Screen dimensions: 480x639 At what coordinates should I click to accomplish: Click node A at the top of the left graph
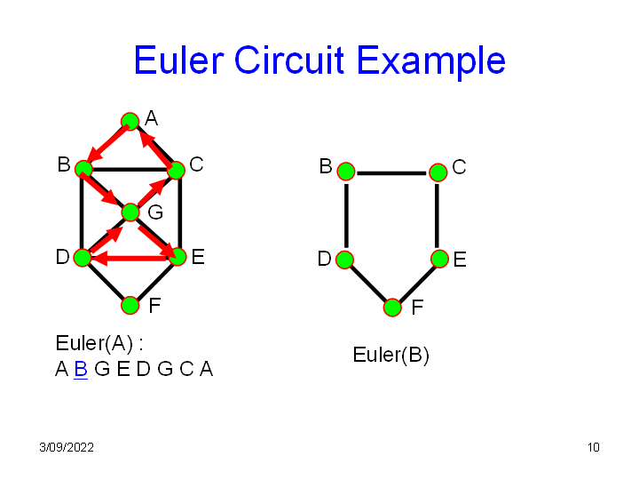click(x=130, y=121)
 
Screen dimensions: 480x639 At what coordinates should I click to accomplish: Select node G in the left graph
click(x=130, y=212)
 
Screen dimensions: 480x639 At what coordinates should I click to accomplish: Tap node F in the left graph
click(x=130, y=305)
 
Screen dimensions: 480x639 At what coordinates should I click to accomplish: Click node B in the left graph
click(x=83, y=168)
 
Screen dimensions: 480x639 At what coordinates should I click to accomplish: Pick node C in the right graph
click(x=438, y=172)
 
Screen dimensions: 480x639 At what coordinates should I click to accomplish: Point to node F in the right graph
click(x=392, y=308)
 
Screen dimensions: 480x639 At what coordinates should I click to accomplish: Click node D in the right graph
click(x=345, y=260)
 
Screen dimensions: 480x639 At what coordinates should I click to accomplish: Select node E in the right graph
click(x=439, y=259)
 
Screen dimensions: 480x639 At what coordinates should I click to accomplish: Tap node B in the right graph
click(x=345, y=171)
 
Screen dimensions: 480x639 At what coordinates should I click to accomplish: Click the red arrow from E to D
click(x=133, y=259)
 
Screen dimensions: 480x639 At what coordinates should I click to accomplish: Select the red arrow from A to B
click(x=106, y=144)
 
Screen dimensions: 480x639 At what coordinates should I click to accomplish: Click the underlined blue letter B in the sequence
click(x=80, y=369)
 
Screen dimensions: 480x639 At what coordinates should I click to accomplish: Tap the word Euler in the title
click(x=179, y=60)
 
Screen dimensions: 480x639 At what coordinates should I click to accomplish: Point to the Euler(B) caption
click(x=390, y=356)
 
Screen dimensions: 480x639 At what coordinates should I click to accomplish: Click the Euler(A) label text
click(x=99, y=344)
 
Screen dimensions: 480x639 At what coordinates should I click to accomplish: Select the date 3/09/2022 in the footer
click(x=67, y=447)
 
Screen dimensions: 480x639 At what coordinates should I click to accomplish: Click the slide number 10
click(x=594, y=447)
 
